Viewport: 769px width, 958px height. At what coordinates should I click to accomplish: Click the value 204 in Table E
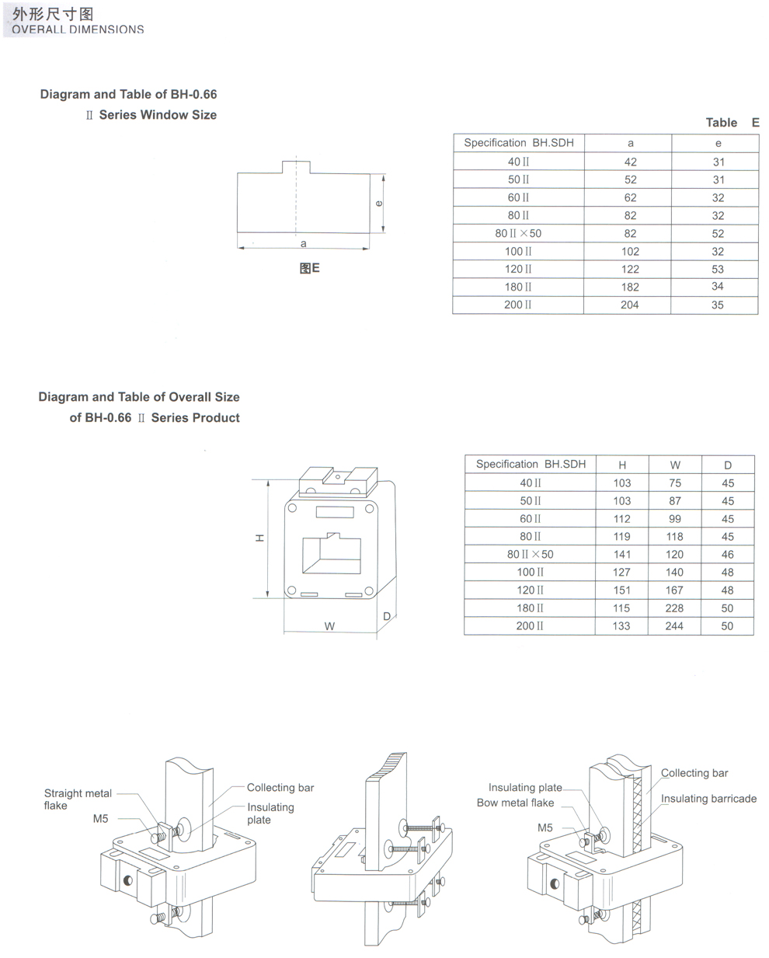click(629, 305)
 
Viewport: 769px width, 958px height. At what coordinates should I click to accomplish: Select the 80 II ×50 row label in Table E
click(518, 233)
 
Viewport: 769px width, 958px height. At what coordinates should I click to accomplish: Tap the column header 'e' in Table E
click(718, 143)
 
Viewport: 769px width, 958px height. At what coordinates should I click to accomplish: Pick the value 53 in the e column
click(718, 269)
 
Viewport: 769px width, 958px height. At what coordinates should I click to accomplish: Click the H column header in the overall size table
click(622, 465)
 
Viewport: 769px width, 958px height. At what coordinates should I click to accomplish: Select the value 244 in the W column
click(674, 625)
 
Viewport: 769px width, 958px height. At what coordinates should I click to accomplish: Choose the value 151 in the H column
click(622, 590)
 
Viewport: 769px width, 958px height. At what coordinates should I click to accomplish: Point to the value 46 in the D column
click(727, 554)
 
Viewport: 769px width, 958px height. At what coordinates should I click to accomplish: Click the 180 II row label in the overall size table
click(530, 608)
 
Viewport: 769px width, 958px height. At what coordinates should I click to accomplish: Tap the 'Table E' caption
click(732, 122)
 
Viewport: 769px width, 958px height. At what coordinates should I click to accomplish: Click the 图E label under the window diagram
click(309, 268)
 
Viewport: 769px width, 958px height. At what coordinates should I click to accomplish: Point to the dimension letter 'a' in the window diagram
click(303, 243)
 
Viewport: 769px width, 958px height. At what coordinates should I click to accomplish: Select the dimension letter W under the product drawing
click(329, 626)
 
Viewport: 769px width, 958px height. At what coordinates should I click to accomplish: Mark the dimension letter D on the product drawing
click(387, 617)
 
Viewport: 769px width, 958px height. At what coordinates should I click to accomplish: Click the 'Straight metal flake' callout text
click(78, 799)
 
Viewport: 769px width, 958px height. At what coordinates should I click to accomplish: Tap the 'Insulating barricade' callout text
click(708, 798)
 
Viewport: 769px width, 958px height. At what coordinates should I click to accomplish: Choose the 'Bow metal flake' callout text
click(515, 803)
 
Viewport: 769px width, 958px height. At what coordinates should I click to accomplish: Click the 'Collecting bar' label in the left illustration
click(280, 787)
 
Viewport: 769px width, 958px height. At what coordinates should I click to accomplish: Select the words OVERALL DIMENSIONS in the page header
click(78, 30)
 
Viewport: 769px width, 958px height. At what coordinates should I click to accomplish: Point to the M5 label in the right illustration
click(545, 827)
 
